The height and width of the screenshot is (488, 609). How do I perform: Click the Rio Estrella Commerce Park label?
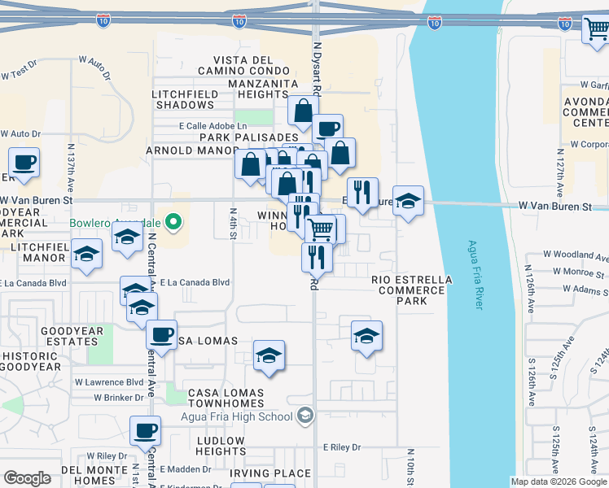pyautogui.click(x=411, y=290)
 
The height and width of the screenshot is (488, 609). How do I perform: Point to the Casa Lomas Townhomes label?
pyautogui.click(x=226, y=399)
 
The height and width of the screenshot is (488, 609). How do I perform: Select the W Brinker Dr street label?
pyautogui.click(x=118, y=398)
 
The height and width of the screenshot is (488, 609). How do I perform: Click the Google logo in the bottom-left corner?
pyautogui.click(x=27, y=478)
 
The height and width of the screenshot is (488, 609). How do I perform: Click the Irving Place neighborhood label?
pyautogui.click(x=269, y=473)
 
